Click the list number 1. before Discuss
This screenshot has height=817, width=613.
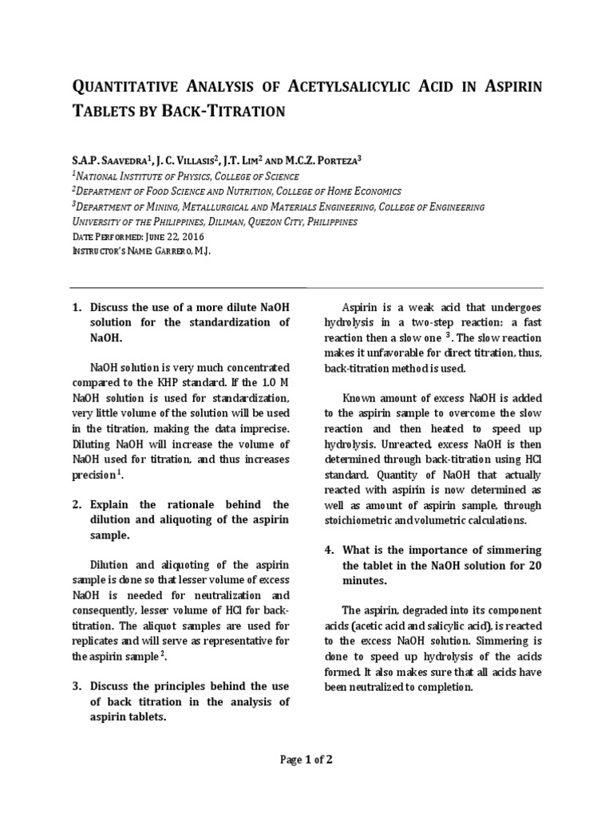(77, 308)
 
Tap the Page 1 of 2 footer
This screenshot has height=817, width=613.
(306, 759)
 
